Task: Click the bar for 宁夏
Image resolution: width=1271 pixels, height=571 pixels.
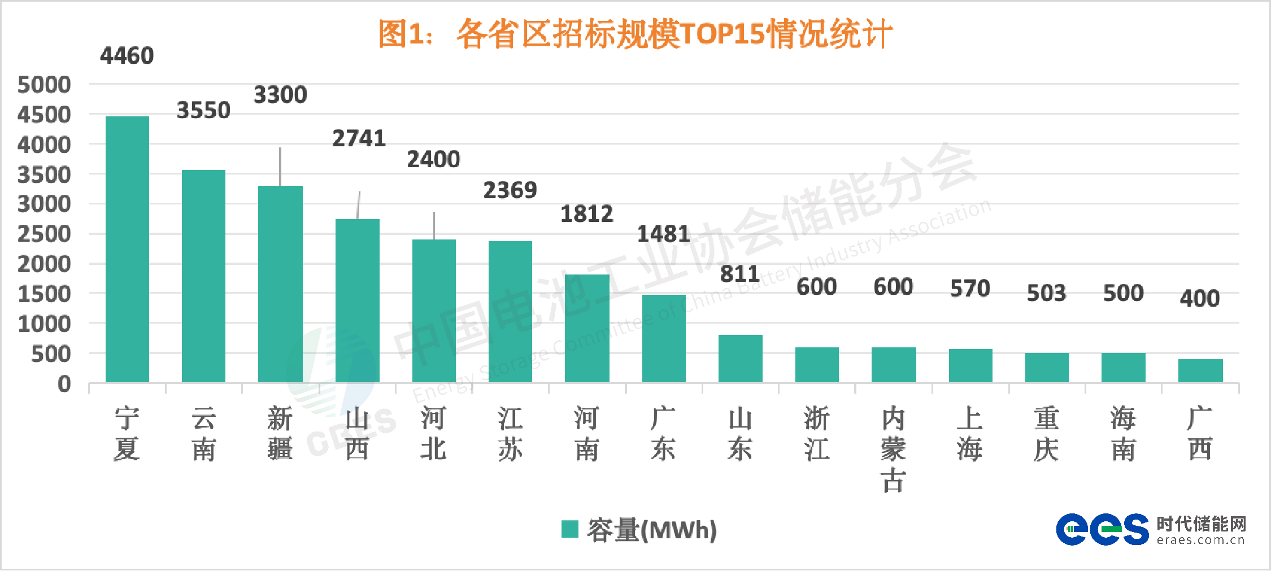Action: point(127,249)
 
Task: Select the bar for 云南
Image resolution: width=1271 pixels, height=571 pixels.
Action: point(203,276)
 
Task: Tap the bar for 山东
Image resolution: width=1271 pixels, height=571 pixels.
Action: point(740,359)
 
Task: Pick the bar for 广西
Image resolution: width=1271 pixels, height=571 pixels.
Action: point(1200,371)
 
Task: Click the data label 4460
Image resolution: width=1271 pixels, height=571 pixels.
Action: point(127,56)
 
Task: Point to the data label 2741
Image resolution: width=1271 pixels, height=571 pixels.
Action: point(359,138)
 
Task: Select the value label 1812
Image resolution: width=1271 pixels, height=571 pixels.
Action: point(586,214)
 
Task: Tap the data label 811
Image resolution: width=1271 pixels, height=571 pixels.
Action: point(739,274)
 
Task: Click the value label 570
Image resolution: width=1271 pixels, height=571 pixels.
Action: point(970,289)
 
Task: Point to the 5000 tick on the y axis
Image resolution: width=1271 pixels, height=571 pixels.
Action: point(44,85)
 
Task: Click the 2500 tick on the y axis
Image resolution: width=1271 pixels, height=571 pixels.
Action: point(44,234)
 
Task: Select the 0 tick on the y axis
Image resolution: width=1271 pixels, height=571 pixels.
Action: point(64,384)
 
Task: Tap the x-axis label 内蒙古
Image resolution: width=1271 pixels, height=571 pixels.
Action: point(893,449)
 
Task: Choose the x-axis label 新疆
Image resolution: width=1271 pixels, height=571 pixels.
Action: point(280,434)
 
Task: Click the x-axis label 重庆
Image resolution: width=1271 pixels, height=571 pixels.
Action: point(1046,434)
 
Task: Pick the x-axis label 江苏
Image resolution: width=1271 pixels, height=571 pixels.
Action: point(510,434)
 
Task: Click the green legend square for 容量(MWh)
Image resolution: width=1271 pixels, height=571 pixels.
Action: point(569,529)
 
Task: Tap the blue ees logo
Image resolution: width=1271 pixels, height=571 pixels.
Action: point(1102,529)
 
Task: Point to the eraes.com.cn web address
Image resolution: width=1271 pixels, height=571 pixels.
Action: point(1200,541)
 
